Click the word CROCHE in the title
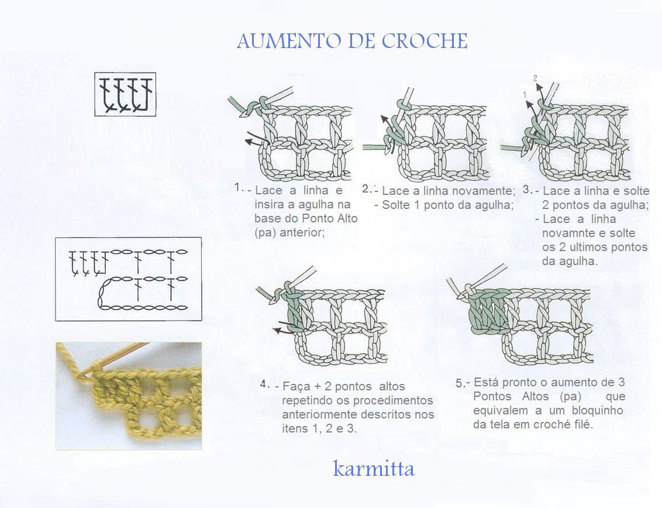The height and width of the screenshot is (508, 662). [425, 41]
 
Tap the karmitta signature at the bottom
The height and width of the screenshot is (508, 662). [374, 468]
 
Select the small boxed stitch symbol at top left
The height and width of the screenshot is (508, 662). [125, 94]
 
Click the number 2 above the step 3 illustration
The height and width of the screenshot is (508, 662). [535, 78]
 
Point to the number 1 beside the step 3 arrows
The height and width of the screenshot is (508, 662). [525, 95]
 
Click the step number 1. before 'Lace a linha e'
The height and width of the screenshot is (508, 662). [239, 187]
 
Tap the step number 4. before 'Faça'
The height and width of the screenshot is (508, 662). [264, 384]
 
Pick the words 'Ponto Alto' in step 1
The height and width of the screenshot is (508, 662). [330, 218]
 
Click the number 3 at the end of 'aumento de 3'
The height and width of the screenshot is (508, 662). [622, 382]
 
